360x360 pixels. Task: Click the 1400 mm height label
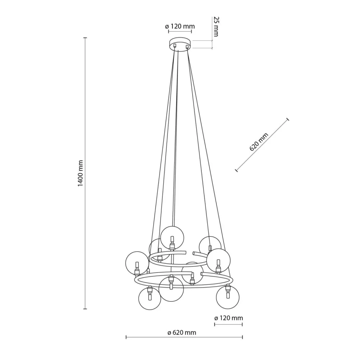80,174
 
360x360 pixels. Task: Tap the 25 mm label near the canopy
216,26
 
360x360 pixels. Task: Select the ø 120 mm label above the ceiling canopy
180,26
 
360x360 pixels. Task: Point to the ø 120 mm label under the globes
229,318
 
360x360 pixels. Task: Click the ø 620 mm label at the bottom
182,332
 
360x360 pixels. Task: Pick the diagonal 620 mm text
259,141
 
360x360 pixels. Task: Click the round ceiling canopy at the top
180,44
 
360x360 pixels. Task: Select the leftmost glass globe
137,263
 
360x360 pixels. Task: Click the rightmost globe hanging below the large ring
228,297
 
